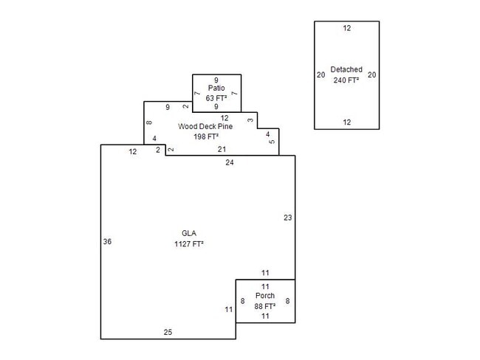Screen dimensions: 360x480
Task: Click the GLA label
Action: [x=188, y=234]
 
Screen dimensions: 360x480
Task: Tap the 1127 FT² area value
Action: [x=188, y=243]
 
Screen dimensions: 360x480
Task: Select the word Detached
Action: [x=346, y=69]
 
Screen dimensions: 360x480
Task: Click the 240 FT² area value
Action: [x=346, y=80]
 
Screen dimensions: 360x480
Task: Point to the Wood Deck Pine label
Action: [x=205, y=126]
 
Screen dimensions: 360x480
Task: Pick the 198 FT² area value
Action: [x=206, y=136]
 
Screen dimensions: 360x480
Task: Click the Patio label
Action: [x=216, y=88]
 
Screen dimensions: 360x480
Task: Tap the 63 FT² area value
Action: [x=216, y=97]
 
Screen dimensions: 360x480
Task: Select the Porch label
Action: [x=265, y=296]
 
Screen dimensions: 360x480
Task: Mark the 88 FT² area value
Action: [x=265, y=305]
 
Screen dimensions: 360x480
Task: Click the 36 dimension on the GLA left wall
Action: [x=107, y=241]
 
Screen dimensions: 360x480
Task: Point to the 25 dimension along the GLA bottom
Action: [x=168, y=333]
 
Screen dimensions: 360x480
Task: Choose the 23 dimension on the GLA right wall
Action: [x=288, y=217]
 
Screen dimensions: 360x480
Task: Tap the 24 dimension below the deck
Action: [x=230, y=162]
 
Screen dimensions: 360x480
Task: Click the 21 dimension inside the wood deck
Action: [x=222, y=149]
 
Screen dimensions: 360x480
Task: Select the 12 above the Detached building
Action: [x=346, y=28]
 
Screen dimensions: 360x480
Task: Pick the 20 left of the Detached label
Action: [x=320, y=75]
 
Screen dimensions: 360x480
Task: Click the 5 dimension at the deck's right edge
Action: [x=272, y=142]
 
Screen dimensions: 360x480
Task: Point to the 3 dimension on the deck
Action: [x=250, y=120]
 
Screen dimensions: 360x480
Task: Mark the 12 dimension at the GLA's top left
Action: [x=133, y=151]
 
